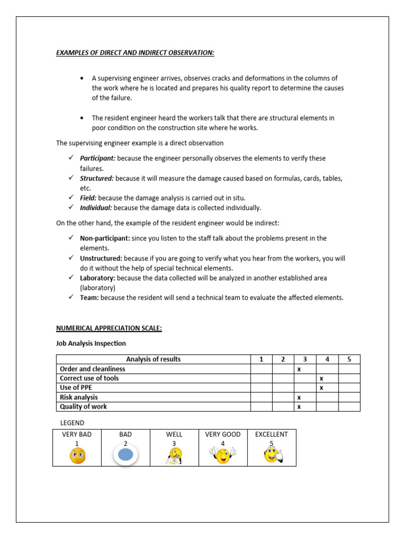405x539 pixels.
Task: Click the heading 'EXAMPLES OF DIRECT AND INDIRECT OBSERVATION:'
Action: click(135, 53)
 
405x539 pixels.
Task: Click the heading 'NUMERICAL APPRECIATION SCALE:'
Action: click(109, 328)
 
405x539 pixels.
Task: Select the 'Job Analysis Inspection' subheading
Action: click(91, 343)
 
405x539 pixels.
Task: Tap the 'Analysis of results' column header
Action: click(153, 360)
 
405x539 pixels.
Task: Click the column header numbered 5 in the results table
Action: click(349, 360)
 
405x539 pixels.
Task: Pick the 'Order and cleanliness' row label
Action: click(93, 369)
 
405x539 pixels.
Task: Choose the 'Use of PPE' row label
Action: click(76, 388)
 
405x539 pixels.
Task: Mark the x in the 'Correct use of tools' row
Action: click(321, 378)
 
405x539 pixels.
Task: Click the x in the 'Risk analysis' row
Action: click(298, 397)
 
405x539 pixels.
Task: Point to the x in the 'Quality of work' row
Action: click(298, 407)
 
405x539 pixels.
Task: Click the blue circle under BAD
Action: click(125, 455)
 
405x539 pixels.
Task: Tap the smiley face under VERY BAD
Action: click(77, 456)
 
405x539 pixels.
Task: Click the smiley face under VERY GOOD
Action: click(223, 455)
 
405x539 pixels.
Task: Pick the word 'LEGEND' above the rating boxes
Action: click(72, 423)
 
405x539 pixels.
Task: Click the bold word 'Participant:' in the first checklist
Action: click(98, 158)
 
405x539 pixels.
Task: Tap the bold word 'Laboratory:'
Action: click(98, 278)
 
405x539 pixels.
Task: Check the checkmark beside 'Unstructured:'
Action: click(71, 258)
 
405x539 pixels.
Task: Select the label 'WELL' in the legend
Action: click(174, 434)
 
